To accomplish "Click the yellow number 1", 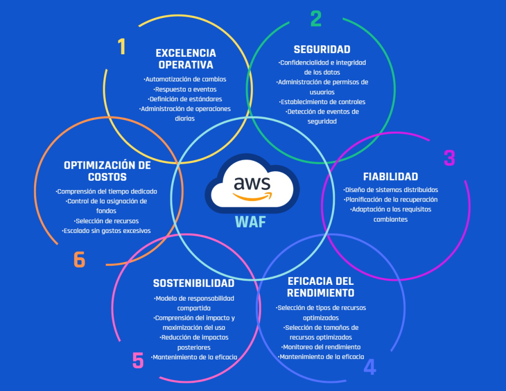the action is click(x=122, y=47).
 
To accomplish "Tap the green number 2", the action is click(x=316, y=19).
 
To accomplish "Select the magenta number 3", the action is click(x=449, y=158).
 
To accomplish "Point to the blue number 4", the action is click(x=370, y=367).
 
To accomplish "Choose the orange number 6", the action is click(x=80, y=260).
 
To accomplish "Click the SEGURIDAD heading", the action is click(x=322, y=49).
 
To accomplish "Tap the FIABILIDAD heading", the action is click(x=390, y=177).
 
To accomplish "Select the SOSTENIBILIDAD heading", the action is click(x=194, y=283).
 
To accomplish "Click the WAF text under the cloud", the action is click(x=251, y=222).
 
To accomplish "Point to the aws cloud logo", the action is click(x=252, y=183).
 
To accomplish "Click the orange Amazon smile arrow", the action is click(x=253, y=196).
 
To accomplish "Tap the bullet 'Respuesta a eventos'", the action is click(x=185, y=89).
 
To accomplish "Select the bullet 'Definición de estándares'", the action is click(x=185, y=99).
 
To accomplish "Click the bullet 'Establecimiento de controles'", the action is click(x=322, y=102).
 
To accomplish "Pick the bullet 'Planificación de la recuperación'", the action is click(x=390, y=199).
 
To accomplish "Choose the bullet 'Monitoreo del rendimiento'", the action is click(x=320, y=347).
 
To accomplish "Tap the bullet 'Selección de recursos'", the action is click(x=106, y=221).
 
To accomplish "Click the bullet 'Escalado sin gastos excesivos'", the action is click(x=106, y=231).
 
